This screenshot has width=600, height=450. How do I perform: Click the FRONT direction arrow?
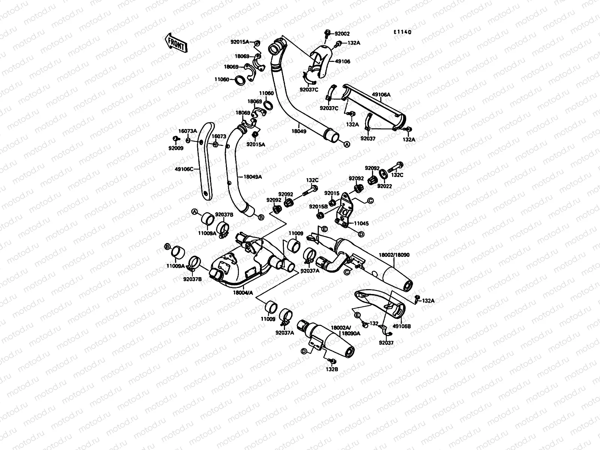(175, 42)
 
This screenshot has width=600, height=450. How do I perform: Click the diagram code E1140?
(402, 32)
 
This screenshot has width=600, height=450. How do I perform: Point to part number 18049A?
(252, 176)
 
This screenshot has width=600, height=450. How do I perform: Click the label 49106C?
(184, 169)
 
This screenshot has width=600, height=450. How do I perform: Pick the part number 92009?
(175, 147)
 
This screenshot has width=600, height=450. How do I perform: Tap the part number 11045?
(361, 223)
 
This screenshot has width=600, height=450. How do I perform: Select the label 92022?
(384, 186)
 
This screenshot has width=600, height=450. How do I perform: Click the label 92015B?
(318, 206)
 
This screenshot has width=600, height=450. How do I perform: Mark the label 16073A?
(187, 131)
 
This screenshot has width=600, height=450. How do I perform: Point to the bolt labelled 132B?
(330, 360)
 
